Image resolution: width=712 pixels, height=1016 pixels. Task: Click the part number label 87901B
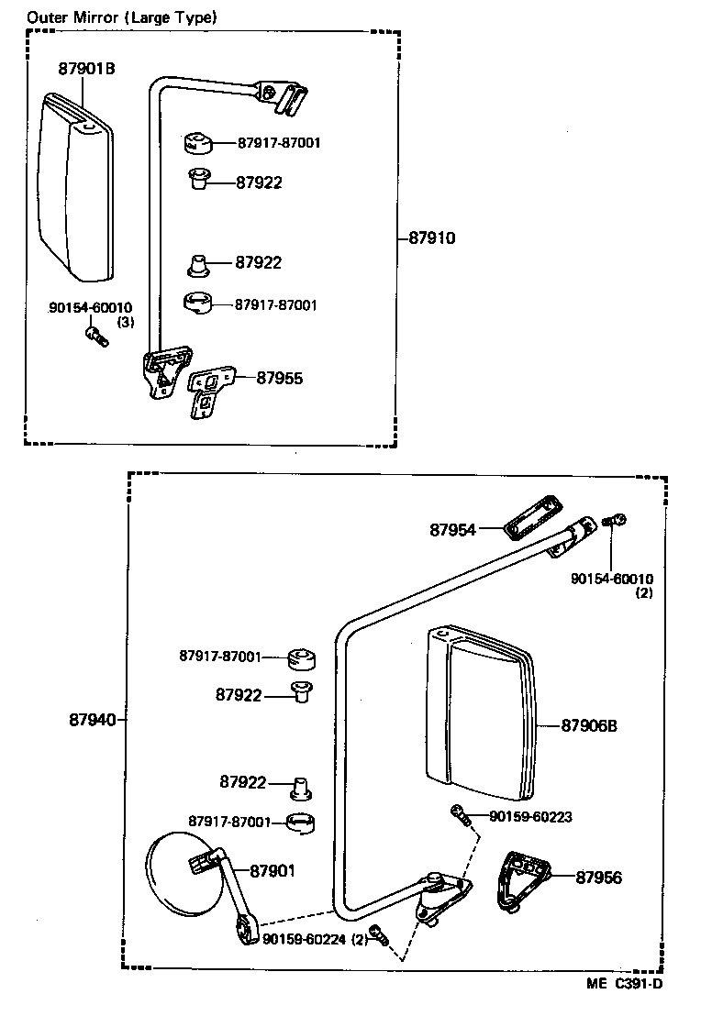(x=86, y=68)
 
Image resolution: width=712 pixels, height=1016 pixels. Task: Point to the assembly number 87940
(x=92, y=720)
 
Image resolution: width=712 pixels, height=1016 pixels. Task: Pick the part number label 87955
(x=279, y=377)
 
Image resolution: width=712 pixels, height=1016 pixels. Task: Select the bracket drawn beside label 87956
(x=519, y=878)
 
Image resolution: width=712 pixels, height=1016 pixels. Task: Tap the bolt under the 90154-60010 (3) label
(x=95, y=337)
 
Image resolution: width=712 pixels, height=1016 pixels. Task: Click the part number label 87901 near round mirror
(x=273, y=870)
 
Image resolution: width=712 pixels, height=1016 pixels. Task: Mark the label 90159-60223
(x=531, y=816)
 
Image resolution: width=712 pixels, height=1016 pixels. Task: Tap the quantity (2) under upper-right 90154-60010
(x=644, y=593)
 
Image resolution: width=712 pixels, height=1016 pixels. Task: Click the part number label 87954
(x=452, y=529)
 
